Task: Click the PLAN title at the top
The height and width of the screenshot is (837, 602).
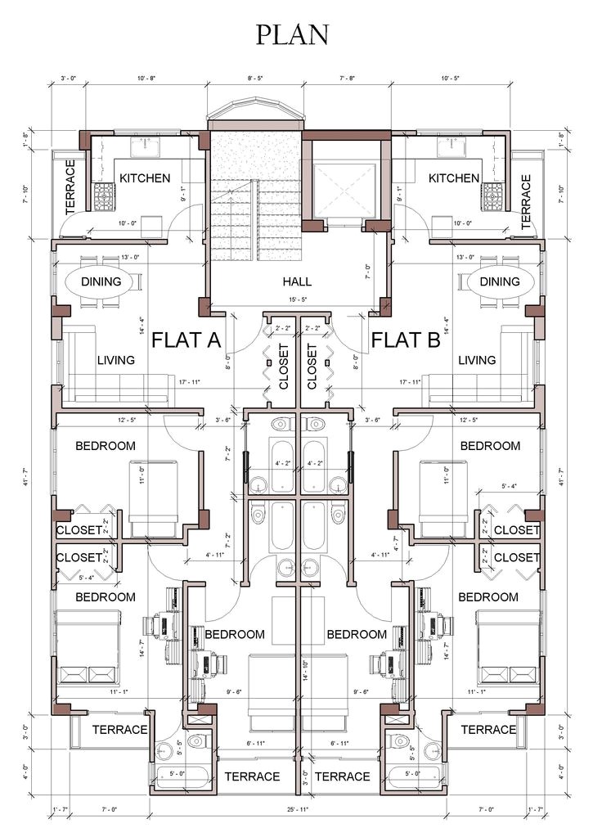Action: point(292,34)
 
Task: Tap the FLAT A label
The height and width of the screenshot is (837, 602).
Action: point(186,340)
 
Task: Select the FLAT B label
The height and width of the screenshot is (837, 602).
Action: point(407,340)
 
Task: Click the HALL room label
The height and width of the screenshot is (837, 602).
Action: point(297,281)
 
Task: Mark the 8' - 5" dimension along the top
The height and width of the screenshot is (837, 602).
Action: point(255,78)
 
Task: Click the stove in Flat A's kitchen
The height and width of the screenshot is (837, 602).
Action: point(106,197)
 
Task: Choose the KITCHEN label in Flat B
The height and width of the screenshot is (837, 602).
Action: point(454,178)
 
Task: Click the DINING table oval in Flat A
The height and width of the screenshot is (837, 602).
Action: point(101,281)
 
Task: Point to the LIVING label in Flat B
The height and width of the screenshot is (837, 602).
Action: point(477,360)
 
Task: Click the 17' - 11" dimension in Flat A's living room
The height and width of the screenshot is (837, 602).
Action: point(186,382)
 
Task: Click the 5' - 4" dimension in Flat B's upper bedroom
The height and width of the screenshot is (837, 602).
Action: point(509,488)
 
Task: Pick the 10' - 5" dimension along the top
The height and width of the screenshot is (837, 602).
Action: point(450,78)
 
